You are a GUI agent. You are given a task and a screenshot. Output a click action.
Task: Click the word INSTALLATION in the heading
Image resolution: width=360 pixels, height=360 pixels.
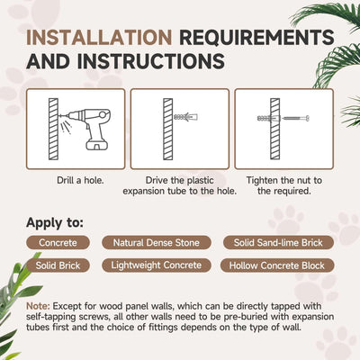point(99,37)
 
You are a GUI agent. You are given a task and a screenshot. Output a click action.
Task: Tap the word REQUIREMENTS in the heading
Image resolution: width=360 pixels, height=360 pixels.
point(256,37)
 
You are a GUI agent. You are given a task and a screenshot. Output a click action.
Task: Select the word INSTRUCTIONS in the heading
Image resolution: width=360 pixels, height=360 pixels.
point(151,61)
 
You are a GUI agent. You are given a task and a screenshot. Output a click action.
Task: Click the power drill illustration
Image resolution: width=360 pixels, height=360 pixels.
point(85,129)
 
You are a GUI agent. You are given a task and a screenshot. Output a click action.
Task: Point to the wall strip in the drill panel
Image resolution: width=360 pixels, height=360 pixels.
point(53,129)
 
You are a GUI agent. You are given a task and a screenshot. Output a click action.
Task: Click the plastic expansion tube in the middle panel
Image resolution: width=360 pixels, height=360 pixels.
point(186,117)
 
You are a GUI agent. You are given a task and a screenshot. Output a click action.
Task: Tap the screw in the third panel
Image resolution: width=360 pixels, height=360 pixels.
point(296,118)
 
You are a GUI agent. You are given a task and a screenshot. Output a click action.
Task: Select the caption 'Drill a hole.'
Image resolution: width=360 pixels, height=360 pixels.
point(80,181)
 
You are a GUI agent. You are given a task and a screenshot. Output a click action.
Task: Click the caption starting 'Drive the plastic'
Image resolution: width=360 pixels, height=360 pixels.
point(180,185)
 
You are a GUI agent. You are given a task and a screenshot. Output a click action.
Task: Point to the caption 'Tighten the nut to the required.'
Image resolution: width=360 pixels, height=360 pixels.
point(284,185)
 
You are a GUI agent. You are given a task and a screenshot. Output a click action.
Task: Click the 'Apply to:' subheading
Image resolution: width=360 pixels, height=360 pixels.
point(55,223)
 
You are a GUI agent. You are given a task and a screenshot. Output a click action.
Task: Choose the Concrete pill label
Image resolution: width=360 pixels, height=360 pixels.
point(58,242)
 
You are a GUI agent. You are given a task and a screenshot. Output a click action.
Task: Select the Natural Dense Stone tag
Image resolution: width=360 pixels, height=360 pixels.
point(157,242)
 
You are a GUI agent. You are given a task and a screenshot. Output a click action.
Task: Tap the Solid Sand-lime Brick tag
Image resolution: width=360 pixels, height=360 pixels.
point(278,242)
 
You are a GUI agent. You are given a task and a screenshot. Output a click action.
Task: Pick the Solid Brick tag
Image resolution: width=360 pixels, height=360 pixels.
point(58,265)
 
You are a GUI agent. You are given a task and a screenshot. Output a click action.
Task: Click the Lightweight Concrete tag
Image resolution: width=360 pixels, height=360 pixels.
point(157,265)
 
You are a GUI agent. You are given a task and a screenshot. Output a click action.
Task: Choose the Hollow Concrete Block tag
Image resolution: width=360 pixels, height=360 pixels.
point(277,265)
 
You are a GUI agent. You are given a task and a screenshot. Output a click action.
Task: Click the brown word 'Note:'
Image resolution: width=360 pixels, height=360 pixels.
point(38,306)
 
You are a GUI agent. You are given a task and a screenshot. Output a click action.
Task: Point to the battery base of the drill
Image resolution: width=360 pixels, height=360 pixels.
point(97,145)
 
